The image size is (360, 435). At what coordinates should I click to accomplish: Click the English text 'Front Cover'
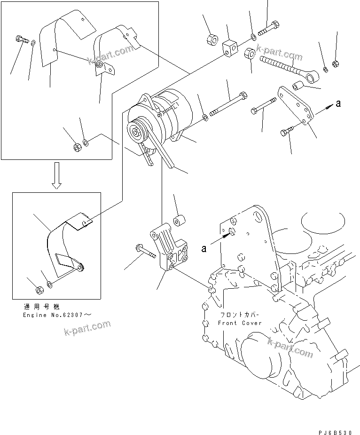point(240,323)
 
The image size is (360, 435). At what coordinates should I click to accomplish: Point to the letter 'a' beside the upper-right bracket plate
point(338,103)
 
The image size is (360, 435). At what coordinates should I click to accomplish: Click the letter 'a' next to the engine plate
point(204,249)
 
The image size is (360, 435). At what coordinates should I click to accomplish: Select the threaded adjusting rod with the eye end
point(282,66)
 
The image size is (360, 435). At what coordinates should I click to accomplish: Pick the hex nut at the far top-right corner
point(335,63)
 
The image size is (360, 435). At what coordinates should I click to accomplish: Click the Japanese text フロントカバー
point(239,315)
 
